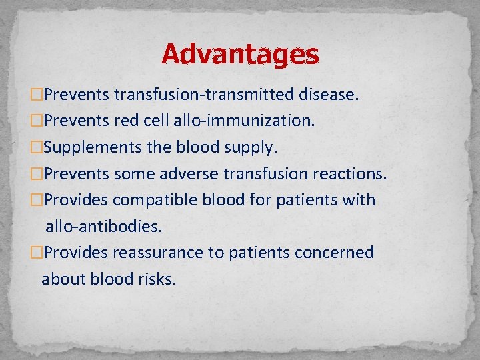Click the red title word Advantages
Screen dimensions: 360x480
[x=240, y=54]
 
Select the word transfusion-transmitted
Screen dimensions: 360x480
[x=203, y=95]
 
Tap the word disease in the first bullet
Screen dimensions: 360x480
[x=327, y=95]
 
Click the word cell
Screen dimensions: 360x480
[x=158, y=121]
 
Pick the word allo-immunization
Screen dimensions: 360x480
[x=244, y=121]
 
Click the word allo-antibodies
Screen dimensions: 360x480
[x=103, y=227]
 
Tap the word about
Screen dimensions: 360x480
[x=61, y=279]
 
